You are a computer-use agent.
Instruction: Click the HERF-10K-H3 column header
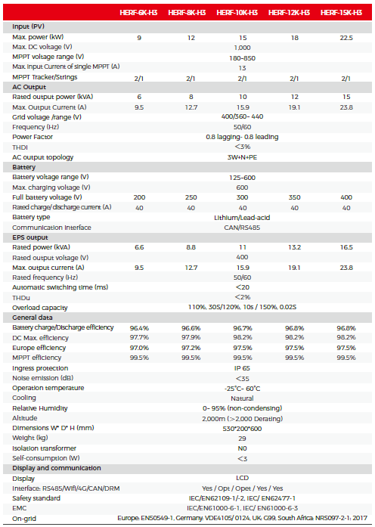tap(237, 13)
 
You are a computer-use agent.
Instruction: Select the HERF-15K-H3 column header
tap(341, 13)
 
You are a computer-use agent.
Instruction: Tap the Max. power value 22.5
tap(346, 38)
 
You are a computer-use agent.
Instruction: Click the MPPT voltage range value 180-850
tap(242, 58)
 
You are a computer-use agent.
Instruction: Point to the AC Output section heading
tap(29, 87)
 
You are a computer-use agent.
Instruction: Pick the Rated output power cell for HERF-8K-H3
tap(191, 97)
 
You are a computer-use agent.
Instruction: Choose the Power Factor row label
tap(33, 137)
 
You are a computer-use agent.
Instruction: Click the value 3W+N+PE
tap(242, 157)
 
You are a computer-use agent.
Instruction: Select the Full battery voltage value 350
tap(294, 197)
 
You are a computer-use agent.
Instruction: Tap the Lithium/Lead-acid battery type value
tap(242, 218)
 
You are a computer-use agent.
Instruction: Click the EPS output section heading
tap(30, 237)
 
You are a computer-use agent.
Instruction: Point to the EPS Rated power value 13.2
tap(294, 248)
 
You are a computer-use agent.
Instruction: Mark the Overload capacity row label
tap(40, 308)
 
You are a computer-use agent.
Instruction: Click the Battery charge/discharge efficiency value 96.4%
tap(139, 328)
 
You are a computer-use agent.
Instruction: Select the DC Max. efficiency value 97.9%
tap(191, 337)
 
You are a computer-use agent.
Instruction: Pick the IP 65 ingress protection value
tap(242, 368)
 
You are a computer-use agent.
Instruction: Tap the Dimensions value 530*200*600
tap(242, 429)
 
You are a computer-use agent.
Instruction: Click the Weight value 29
tap(242, 439)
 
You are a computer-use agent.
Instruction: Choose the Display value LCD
tap(242, 478)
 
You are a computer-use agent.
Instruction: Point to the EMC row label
tap(19, 508)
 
